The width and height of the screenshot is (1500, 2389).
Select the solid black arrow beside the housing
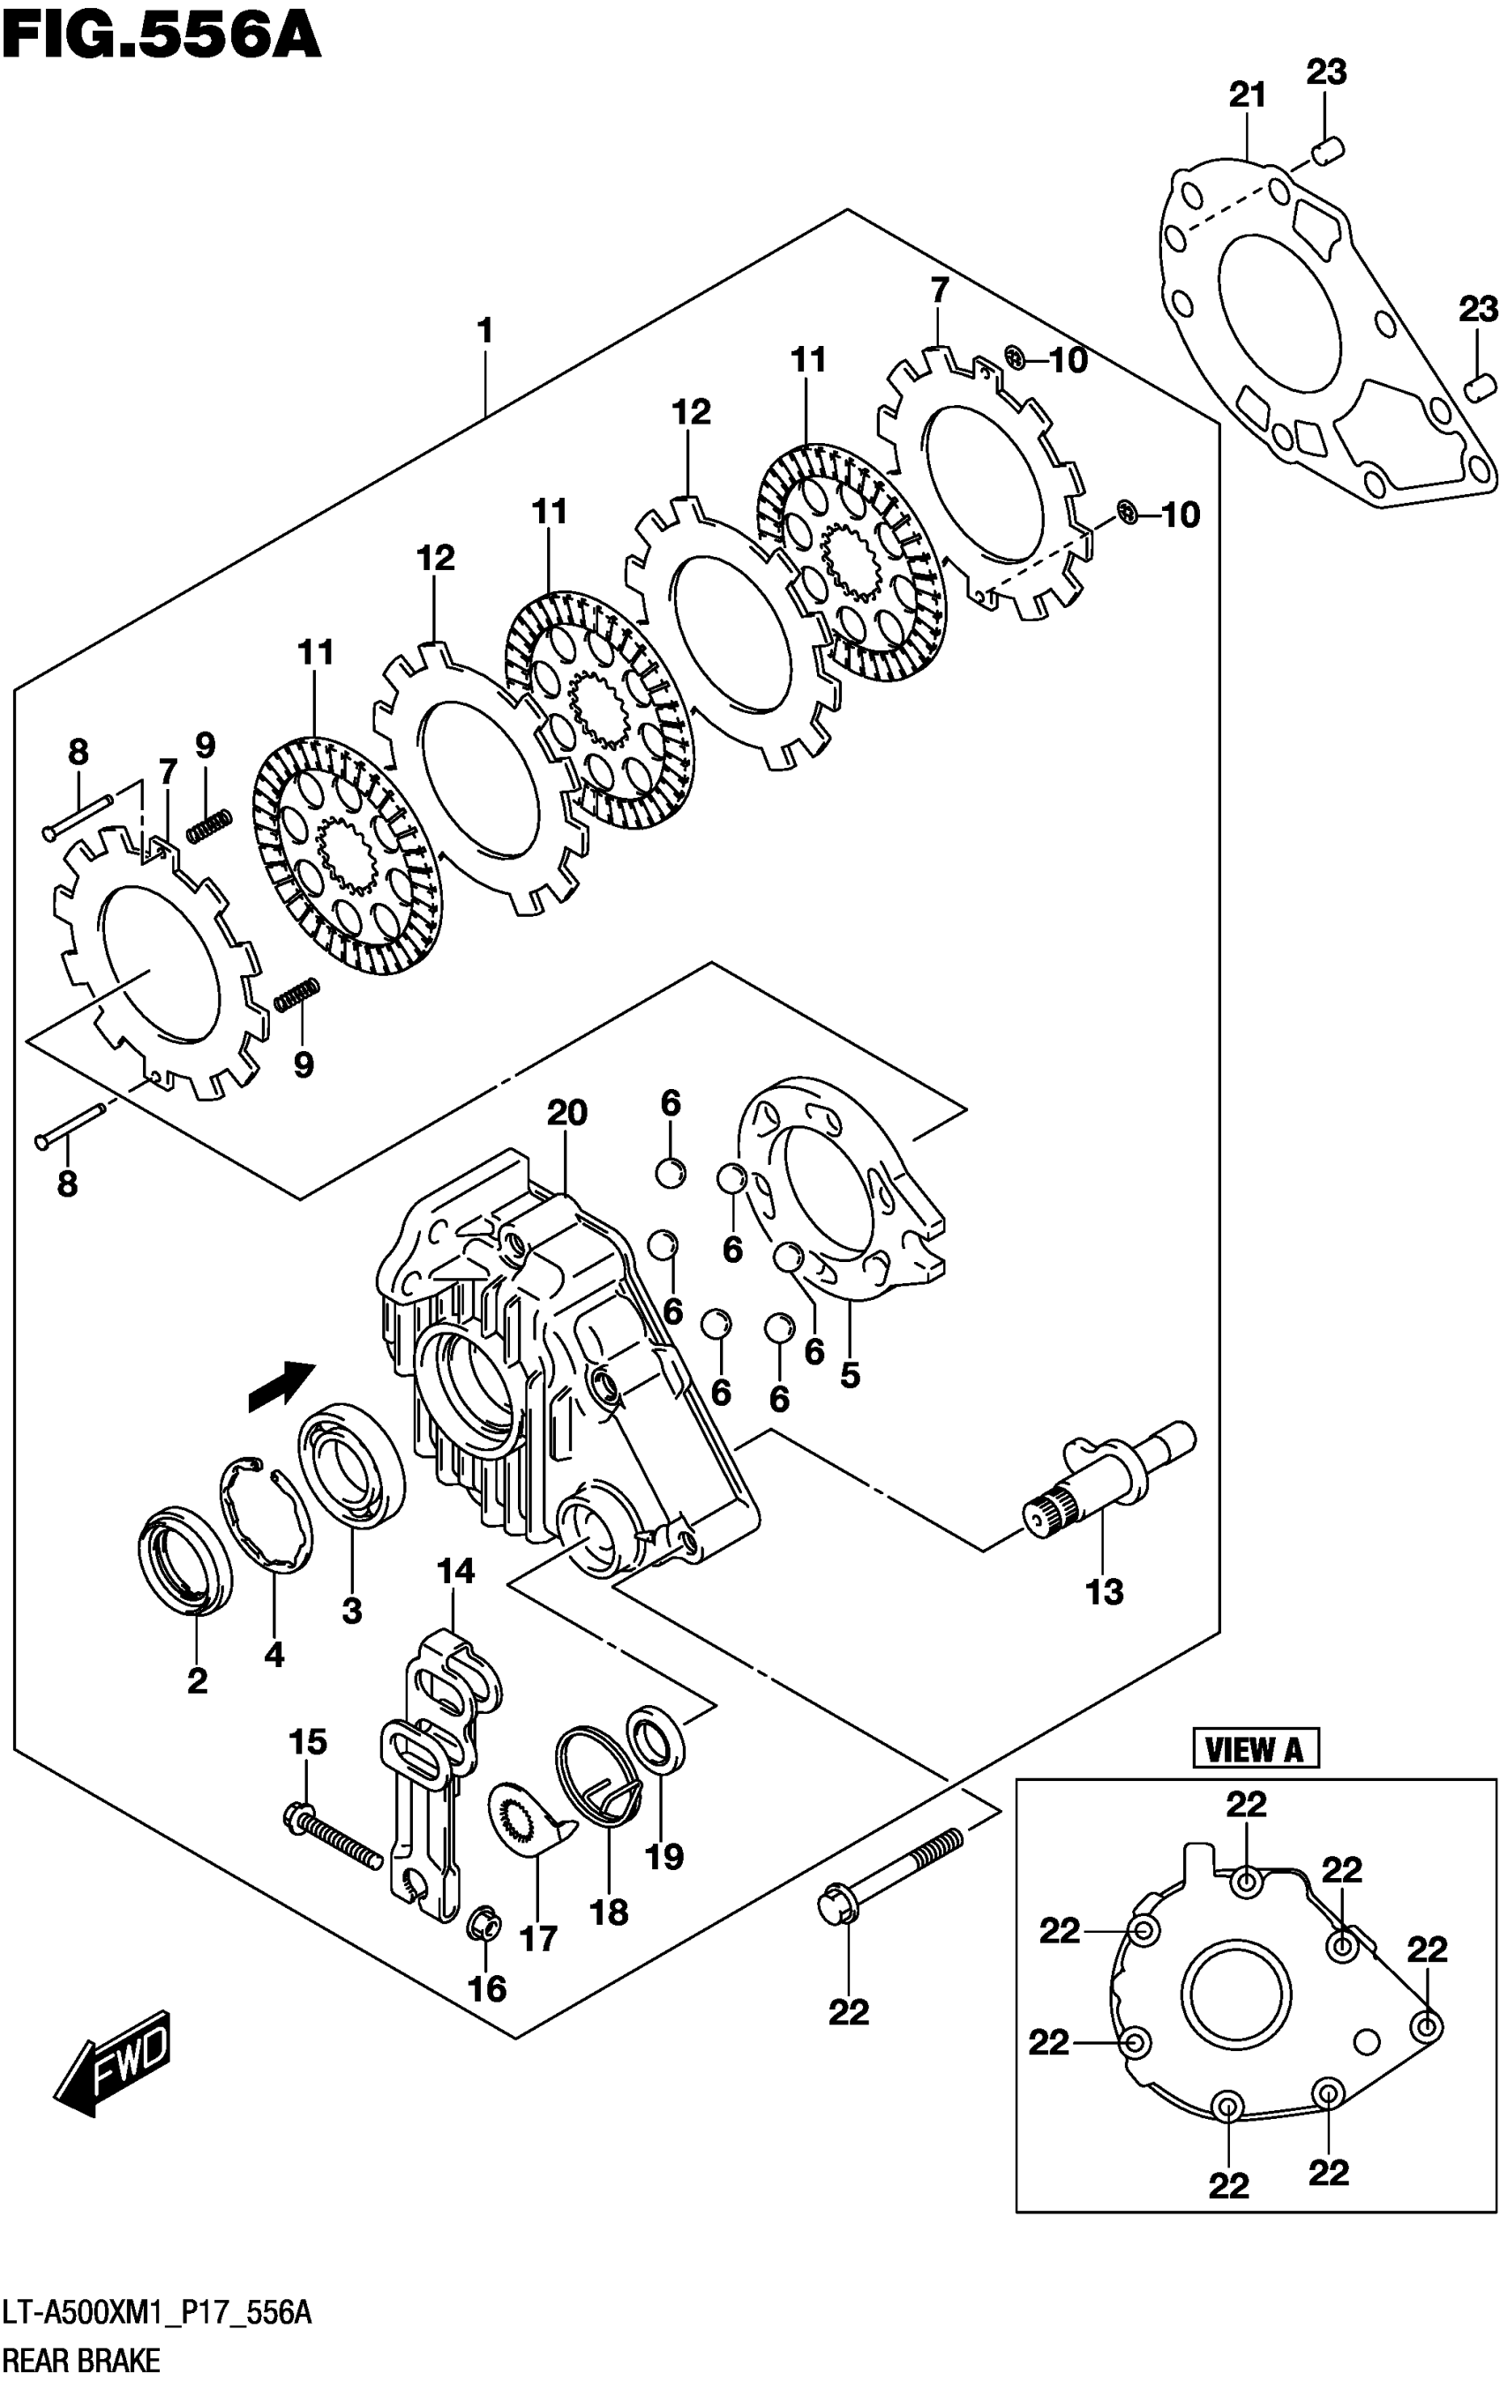coord(281,1384)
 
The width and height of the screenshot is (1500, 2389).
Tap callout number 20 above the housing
coord(566,1112)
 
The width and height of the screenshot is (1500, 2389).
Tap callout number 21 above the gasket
coord(1247,95)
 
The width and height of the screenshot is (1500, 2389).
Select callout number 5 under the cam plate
coord(849,1375)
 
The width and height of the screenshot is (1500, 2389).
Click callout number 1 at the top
coord(484,330)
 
